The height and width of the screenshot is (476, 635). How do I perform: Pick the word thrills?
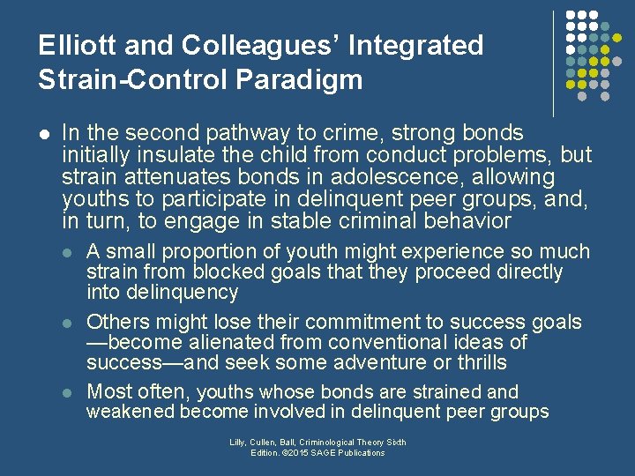pyautogui.click(x=474, y=362)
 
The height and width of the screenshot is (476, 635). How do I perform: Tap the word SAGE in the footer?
pyautogui.click(x=319, y=453)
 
